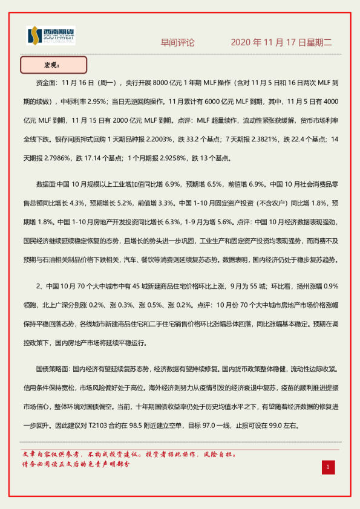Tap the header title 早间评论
click(x=178, y=43)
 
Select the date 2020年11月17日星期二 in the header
click(x=282, y=43)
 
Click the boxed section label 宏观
click(x=53, y=64)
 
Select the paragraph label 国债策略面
click(x=53, y=368)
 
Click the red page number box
click(x=327, y=467)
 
